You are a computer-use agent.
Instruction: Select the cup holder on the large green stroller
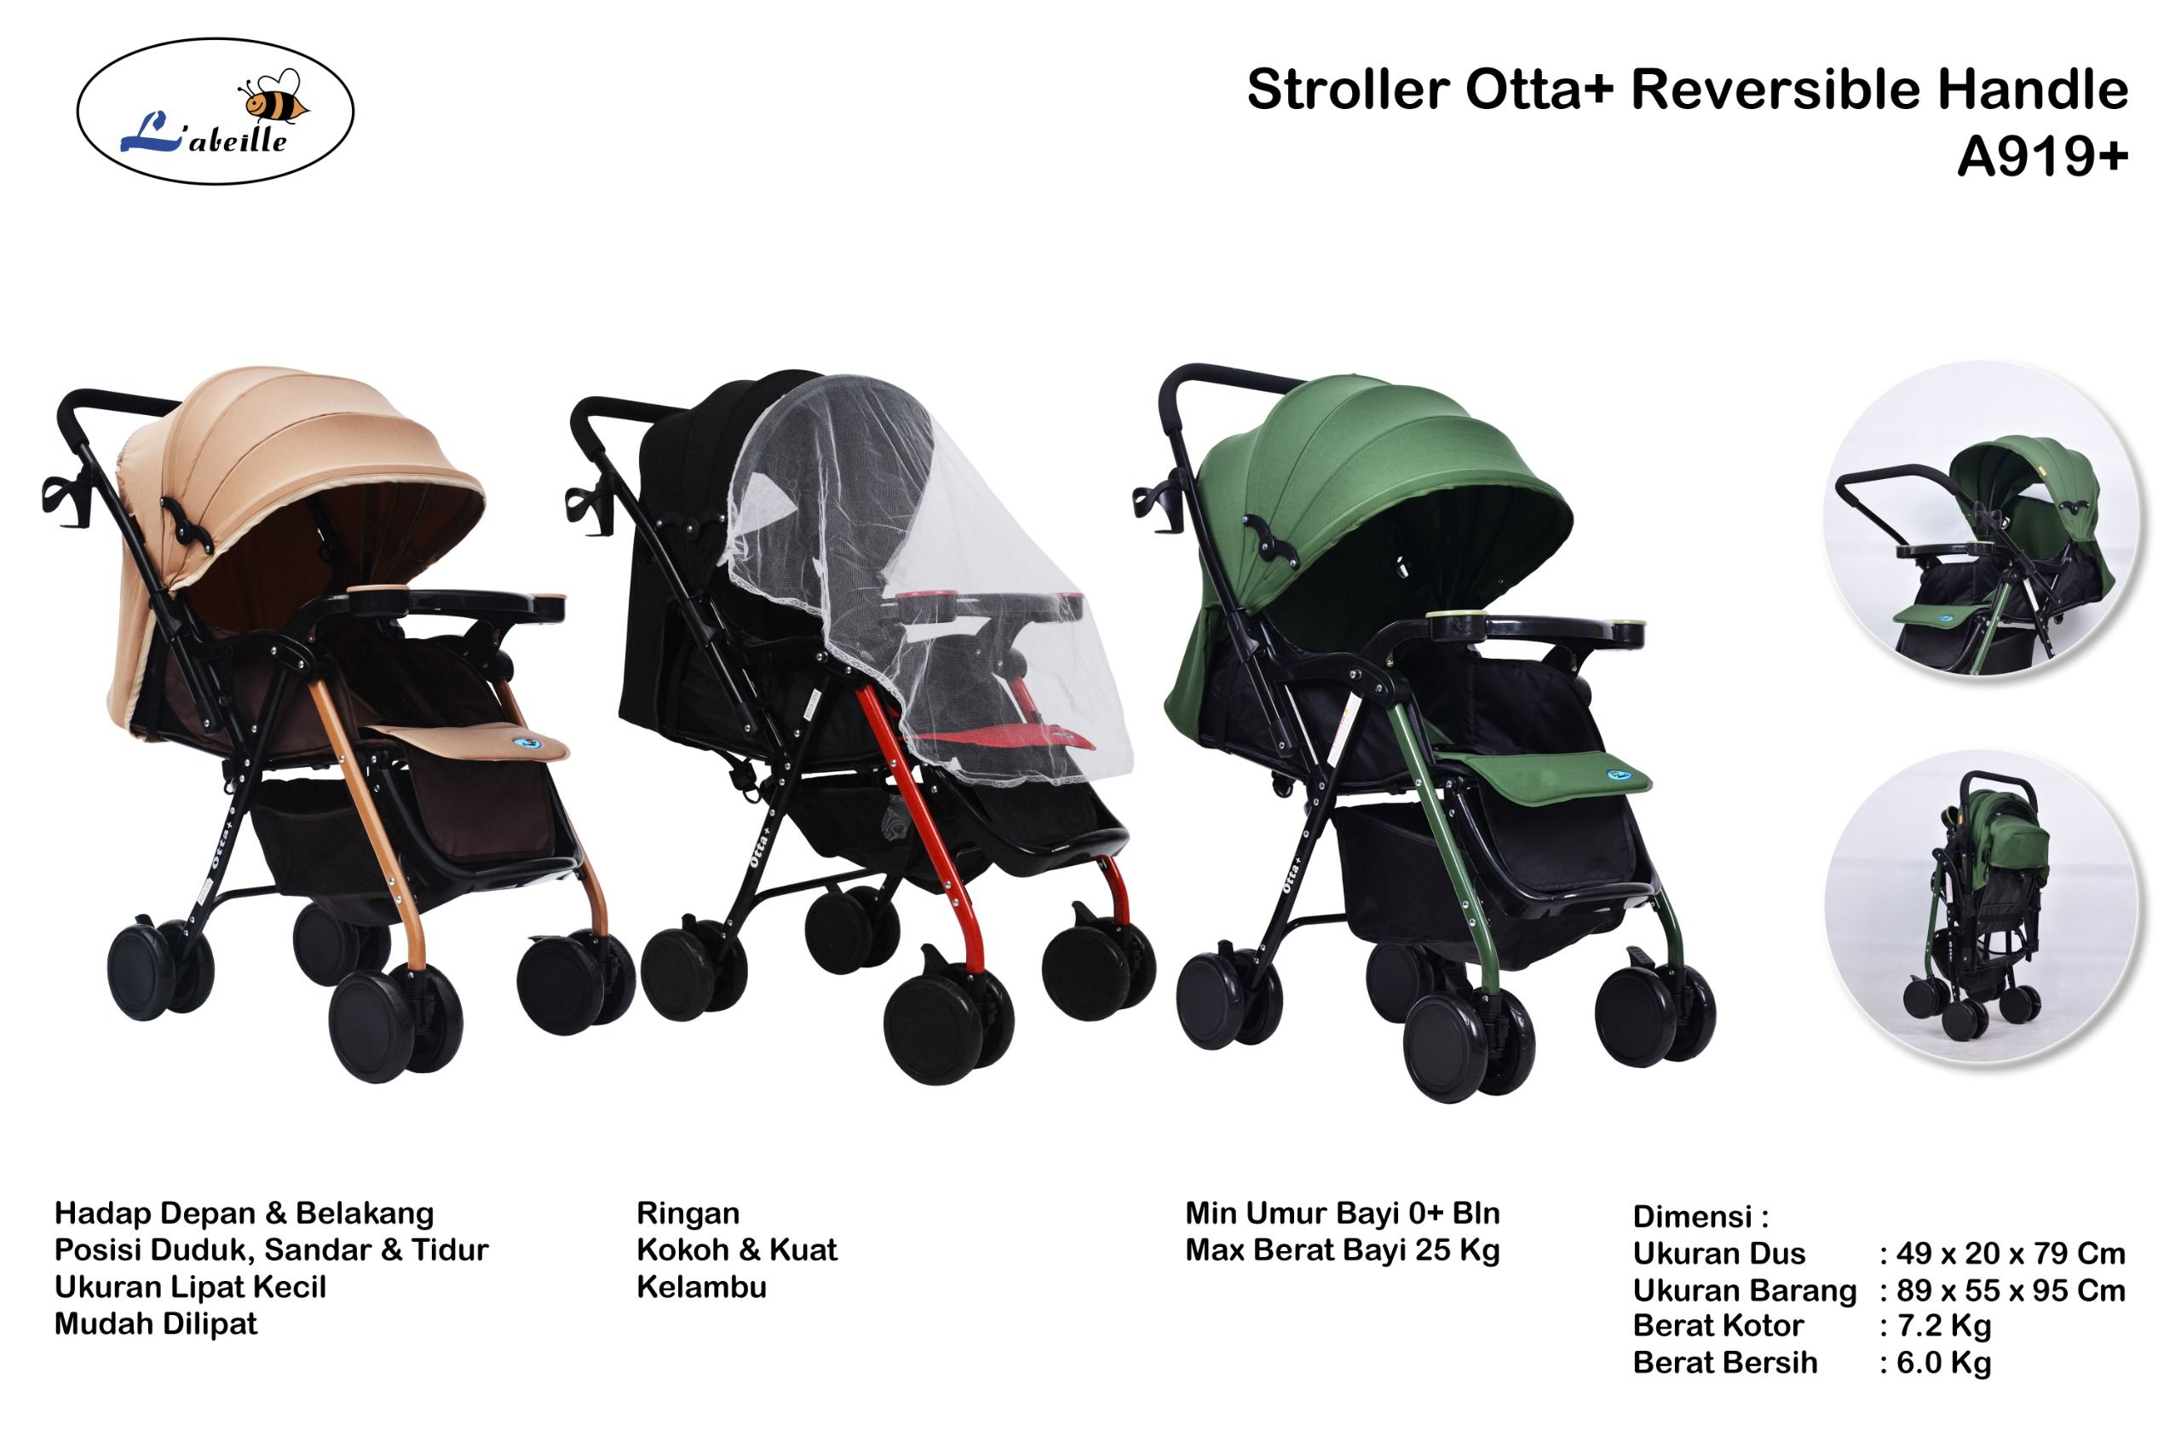pos(1159,506)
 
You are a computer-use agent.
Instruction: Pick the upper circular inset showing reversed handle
pos(1981,519)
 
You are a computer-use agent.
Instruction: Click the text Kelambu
pos(702,1287)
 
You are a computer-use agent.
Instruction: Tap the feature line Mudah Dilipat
pos(156,1324)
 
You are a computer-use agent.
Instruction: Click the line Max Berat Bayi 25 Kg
pos(1342,1251)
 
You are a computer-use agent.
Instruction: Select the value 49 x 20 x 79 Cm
pos(2011,1254)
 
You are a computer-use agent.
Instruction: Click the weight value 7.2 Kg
pos(1943,1326)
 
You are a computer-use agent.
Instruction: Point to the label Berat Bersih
pos(1725,1363)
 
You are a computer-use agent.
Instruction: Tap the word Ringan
pos(688,1214)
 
